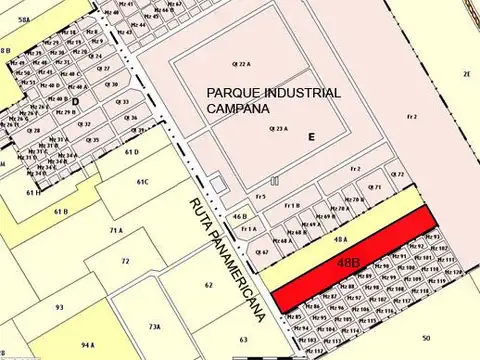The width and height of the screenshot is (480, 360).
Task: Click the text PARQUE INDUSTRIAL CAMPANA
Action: (272, 100)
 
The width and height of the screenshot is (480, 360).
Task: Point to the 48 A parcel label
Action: (341, 240)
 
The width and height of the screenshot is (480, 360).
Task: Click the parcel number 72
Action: (125, 261)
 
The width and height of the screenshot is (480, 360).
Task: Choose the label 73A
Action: (154, 327)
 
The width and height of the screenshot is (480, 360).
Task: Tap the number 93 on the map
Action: (59, 307)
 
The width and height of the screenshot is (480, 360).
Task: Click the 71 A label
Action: (116, 230)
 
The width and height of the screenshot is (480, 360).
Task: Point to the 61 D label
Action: (131, 152)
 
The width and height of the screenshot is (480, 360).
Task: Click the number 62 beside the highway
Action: (208, 285)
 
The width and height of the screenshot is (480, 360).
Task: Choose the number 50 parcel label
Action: (425, 338)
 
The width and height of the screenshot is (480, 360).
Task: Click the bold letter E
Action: (311, 136)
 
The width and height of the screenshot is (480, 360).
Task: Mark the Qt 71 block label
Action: (375, 187)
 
